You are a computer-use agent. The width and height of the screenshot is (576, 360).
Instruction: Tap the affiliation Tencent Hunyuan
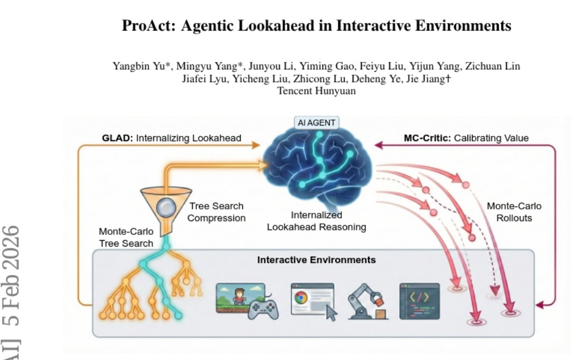tap(316, 91)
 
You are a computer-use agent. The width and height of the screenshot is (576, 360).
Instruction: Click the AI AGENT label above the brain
tap(316, 123)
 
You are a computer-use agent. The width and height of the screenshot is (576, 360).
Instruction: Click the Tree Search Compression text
tap(216, 212)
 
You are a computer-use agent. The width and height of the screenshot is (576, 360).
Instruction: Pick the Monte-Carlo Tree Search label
tap(126, 237)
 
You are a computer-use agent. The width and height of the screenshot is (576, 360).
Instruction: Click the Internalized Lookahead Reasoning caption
tap(316, 221)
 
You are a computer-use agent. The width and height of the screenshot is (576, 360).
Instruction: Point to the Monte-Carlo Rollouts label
tap(514, 212)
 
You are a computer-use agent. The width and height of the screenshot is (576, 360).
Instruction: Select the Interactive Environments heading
tap(316, 260)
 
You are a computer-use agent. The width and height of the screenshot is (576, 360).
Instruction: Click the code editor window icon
tap(419, 301)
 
